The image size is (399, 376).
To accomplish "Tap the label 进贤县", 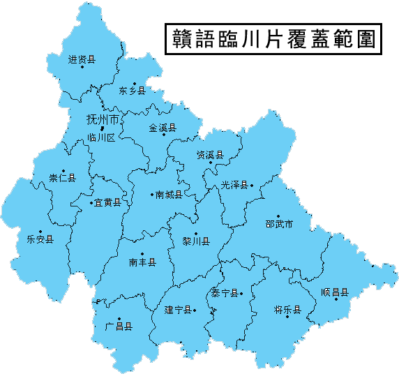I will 81,59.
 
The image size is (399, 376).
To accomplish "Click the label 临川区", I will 100,137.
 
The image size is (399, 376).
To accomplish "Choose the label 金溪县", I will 163,128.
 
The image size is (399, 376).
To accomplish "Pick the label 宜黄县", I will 107,202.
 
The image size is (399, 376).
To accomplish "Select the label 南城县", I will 169,195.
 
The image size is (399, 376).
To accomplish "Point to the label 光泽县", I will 234,185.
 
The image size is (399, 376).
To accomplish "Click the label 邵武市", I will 278,225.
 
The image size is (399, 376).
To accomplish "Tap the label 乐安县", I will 40,239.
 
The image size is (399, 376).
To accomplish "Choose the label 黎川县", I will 195,241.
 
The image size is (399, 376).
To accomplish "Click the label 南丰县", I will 142,262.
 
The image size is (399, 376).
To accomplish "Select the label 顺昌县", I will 334,292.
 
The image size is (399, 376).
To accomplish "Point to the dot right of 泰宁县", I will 242,294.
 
